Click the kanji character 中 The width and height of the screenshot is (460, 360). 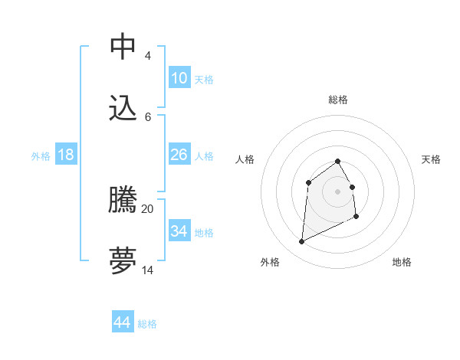pos(123,47)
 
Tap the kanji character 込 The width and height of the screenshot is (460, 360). pos(123,108)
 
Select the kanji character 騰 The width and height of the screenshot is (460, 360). pos(123,201)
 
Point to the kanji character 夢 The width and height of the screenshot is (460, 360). pos(123,261)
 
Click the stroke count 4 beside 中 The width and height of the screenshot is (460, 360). pos(147,56)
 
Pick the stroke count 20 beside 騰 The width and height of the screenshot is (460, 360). pos(148,208)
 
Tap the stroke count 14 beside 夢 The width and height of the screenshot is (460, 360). pos(148,270)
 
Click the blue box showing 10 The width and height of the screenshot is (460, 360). pos(179,78)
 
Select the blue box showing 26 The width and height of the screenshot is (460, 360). pos(179,155)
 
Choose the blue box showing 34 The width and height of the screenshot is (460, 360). pos(179,231)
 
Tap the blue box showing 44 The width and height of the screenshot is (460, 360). pos(123,322)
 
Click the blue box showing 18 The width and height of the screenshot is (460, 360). pos(66,155)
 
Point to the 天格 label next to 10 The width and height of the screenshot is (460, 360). pos(204,79)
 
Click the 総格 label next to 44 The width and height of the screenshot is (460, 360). pos(147,324)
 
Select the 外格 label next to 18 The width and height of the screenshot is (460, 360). pos(41,155)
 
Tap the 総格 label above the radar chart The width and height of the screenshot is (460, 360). pos(338,100)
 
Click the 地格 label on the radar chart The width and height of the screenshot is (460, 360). pos(402,262)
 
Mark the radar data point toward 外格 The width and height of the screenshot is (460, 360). pos(301,242)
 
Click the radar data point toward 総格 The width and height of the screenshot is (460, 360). pos(338,161)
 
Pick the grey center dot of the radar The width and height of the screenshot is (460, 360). pos(338,191)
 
